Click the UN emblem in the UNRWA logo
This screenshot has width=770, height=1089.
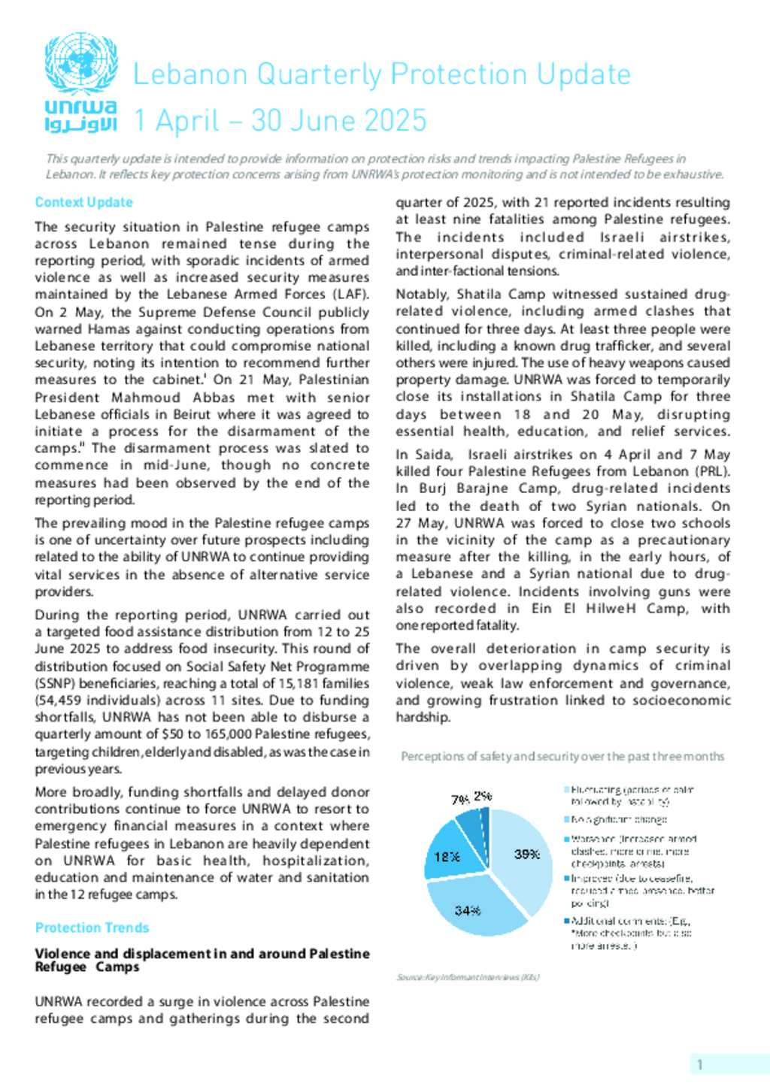[80, 63]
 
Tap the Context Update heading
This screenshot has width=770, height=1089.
[83, 202]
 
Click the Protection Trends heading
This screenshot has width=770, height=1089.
[92, 927]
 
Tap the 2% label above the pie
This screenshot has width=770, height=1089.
[483, 796]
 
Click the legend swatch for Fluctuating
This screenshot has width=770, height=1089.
[567, 790]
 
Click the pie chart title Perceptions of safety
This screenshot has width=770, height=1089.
[562, 756]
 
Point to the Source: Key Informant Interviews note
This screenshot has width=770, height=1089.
[468, 977]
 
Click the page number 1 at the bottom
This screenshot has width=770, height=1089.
[700, 1064]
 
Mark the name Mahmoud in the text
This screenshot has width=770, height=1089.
[146, 398]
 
